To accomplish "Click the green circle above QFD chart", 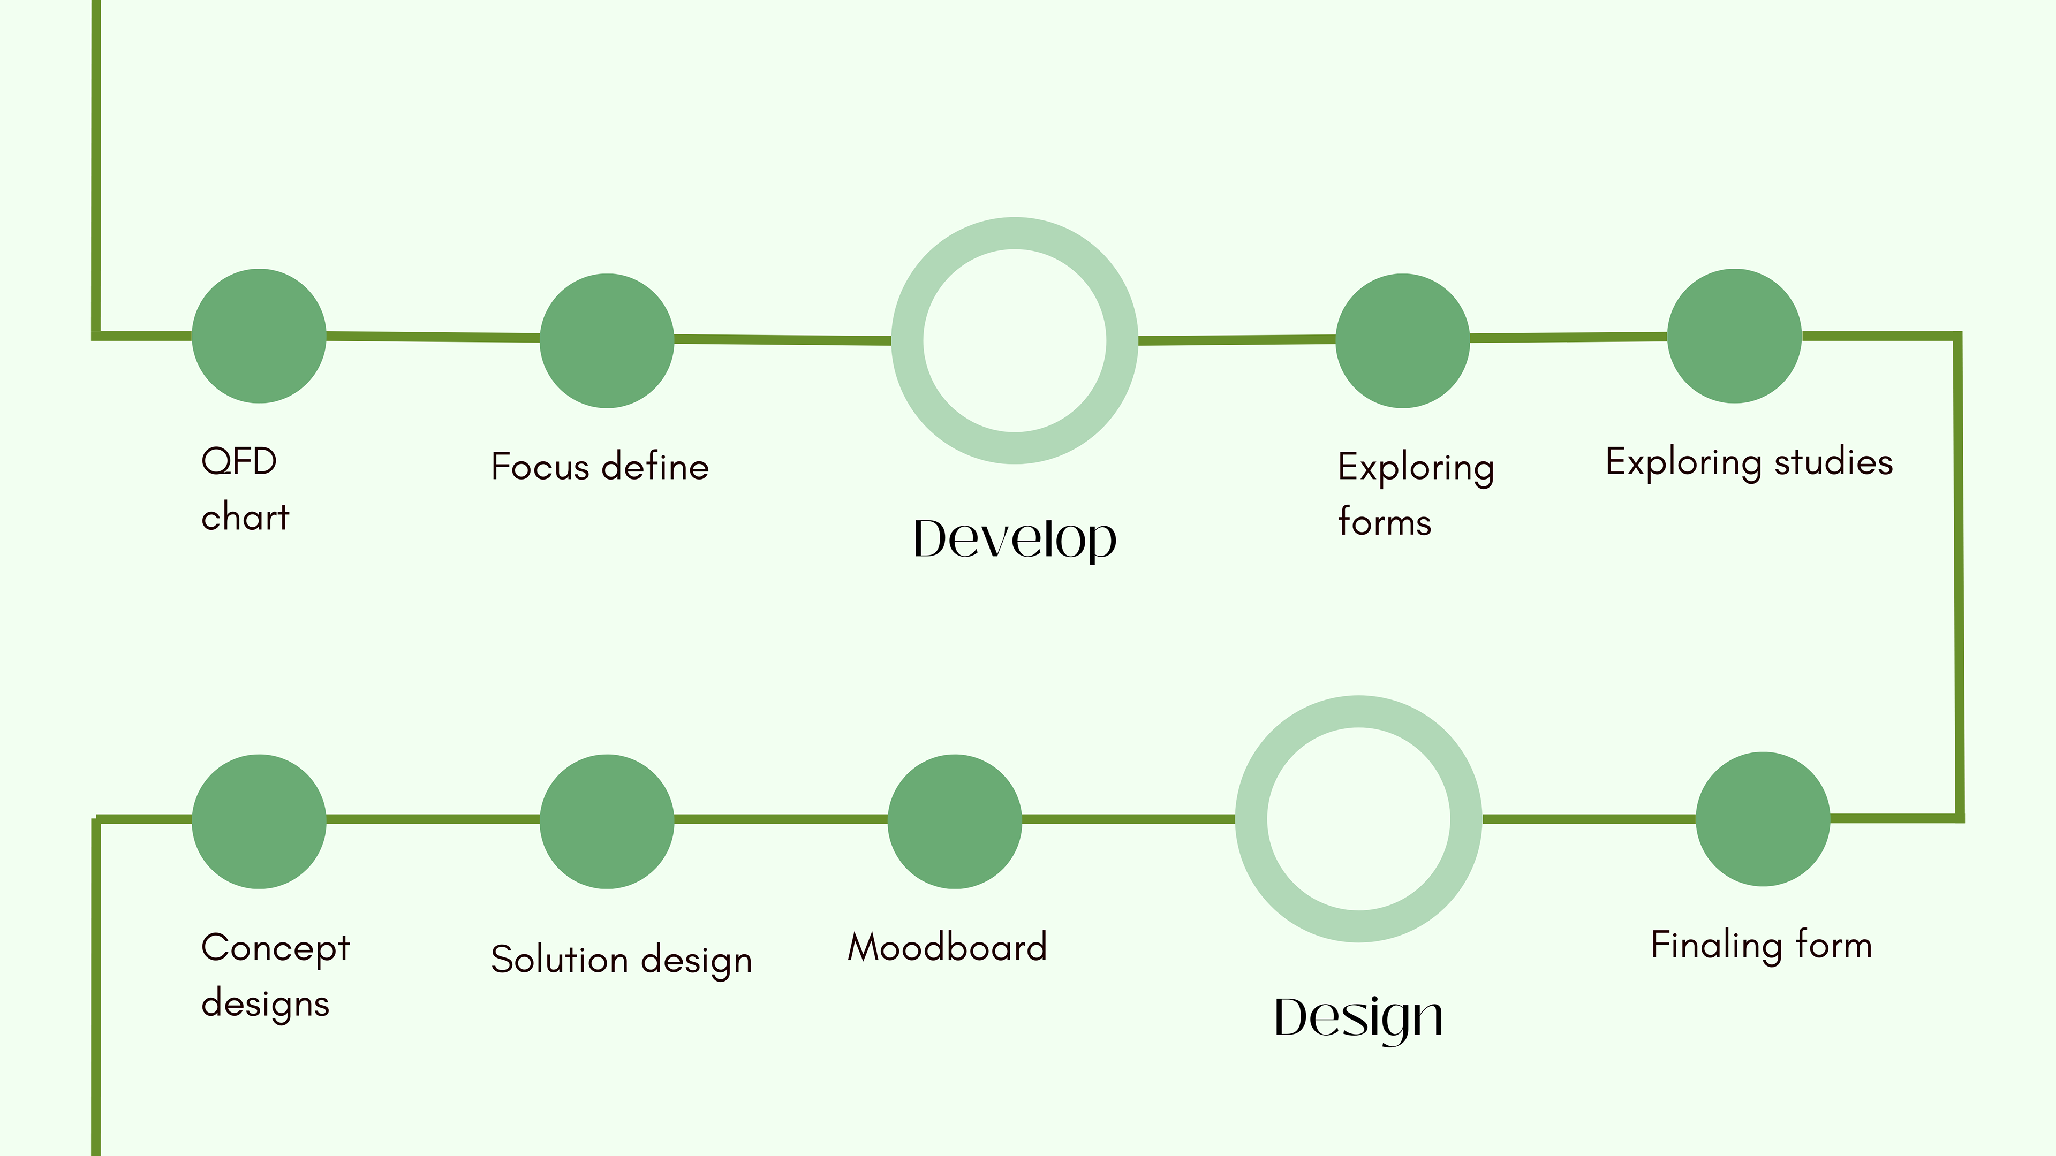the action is click(259, 336).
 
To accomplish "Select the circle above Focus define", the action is click(607, 341).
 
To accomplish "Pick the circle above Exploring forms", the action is click(1402, 341).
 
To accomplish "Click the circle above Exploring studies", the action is click(1734, 336).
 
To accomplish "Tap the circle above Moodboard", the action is click(955, 821).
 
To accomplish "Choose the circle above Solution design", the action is click(607, 821).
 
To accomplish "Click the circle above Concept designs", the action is click(259, 821).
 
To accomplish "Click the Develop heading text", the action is click(1015, 540).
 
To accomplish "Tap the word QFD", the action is click(239, 462).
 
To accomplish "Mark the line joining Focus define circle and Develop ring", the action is click(782, 340).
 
